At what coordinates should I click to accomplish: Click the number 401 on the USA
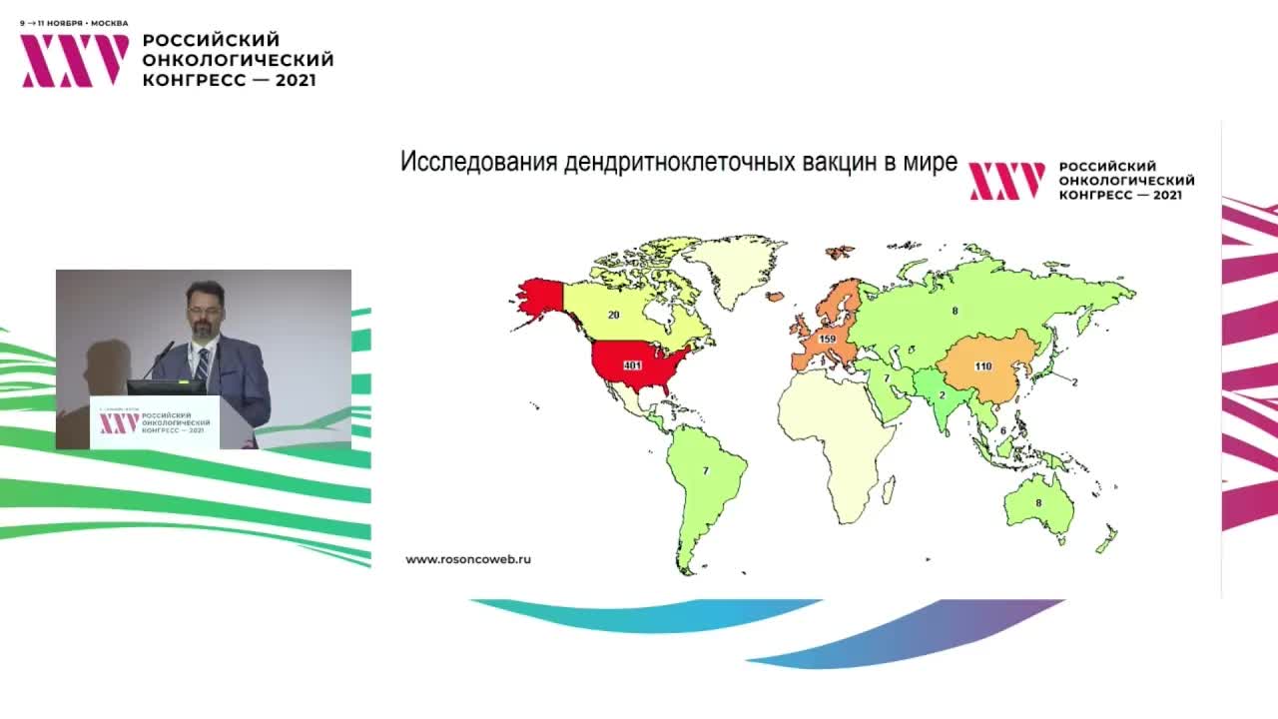[x=631, y=366]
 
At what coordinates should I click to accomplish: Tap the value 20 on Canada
[x=614, y=315]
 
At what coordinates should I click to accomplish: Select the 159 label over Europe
[x=827, y=340]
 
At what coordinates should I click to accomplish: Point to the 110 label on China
[x=982, y=366]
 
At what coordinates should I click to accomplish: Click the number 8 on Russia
[x=955, y=312]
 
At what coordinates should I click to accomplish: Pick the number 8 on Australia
[x=1038, y=503]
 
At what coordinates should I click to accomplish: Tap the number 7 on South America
[x=705, y=470]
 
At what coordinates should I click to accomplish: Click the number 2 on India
[x=943, y=394]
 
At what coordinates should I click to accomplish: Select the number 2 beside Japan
[x=1075, y=382]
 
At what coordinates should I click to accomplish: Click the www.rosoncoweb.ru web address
[x=468, y=559]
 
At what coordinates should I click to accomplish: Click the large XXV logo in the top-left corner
[x=75, y=60]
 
